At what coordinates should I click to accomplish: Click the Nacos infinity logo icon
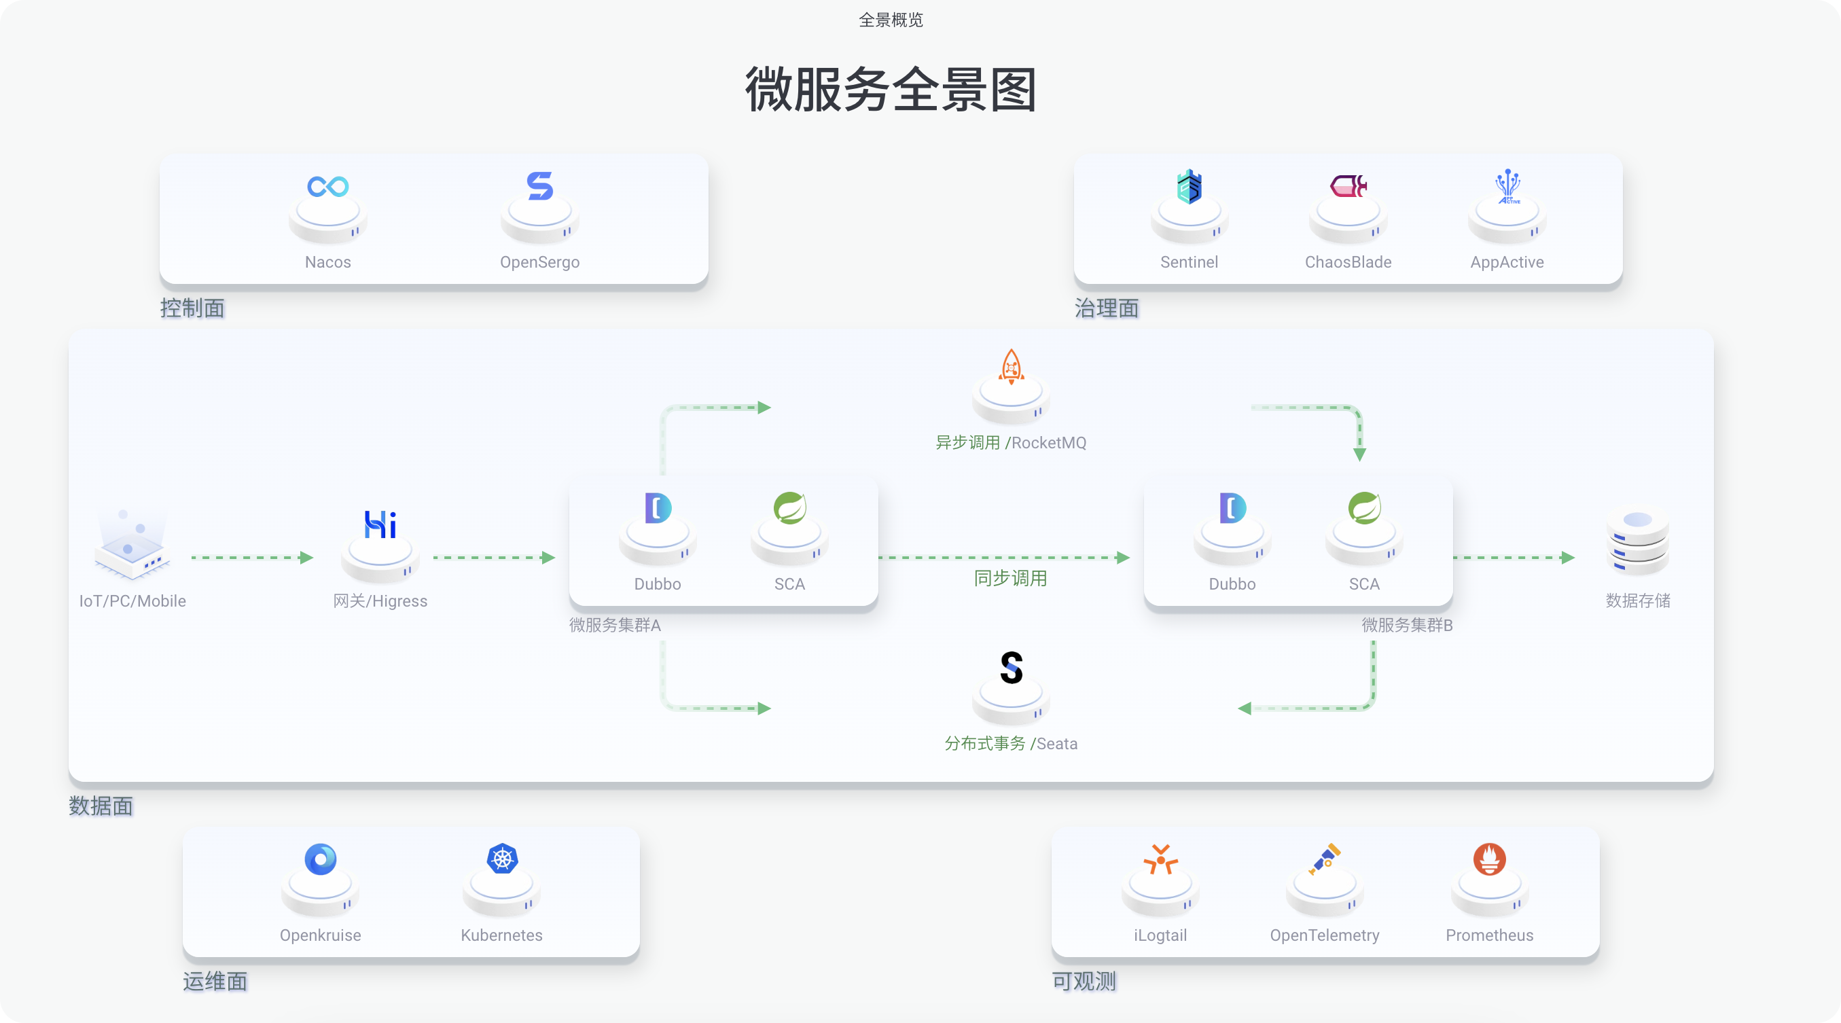(328, 186)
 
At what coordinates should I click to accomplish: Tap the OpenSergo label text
(539, 262)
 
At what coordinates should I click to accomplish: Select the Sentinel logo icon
(1190, 186)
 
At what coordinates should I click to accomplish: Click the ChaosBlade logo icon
(1348, 186)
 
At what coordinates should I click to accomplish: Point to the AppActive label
(1507, 262)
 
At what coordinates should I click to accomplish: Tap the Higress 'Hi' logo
(380, 524)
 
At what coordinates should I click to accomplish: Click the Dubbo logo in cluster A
(658, 508)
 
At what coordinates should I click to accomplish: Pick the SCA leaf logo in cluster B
(1364, 508)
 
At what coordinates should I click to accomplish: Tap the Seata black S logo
(1012, 668)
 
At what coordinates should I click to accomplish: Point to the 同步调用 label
(1011, 578)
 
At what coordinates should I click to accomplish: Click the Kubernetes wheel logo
(503, 859)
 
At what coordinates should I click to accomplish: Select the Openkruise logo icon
(320, 859)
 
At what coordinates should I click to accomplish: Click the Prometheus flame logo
(1489, 859)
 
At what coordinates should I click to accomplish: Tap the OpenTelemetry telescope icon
(1325, 859)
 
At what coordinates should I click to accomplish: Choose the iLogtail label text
(1160, 935)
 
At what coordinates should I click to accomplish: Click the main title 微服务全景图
(891, 90)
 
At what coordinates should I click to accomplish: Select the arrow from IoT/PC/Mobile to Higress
(251, 557)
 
